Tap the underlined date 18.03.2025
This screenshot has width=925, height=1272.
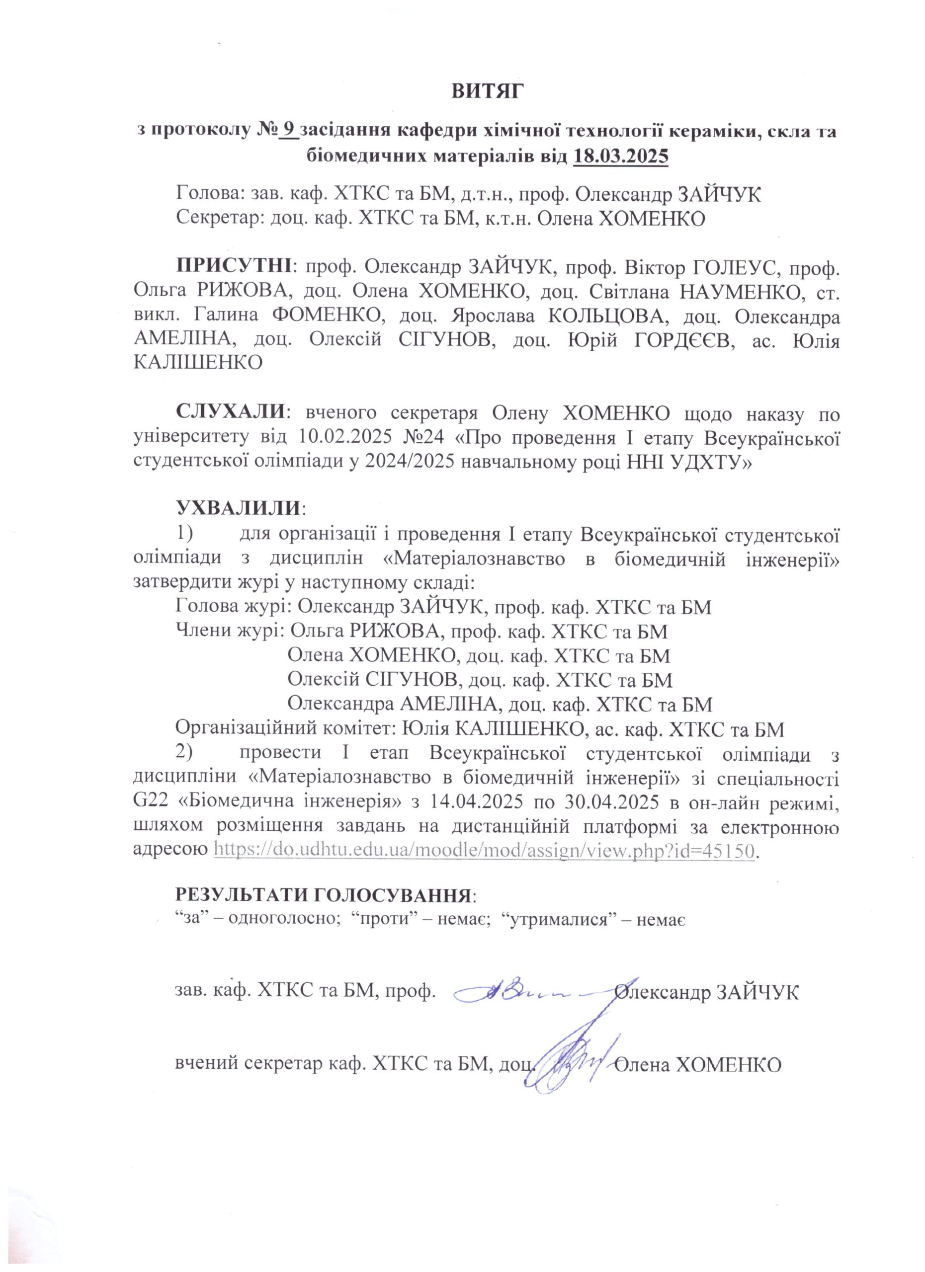coord(621,156)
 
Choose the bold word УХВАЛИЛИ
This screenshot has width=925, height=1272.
coord(240,509)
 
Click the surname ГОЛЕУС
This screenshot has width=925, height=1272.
coord(732,265)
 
